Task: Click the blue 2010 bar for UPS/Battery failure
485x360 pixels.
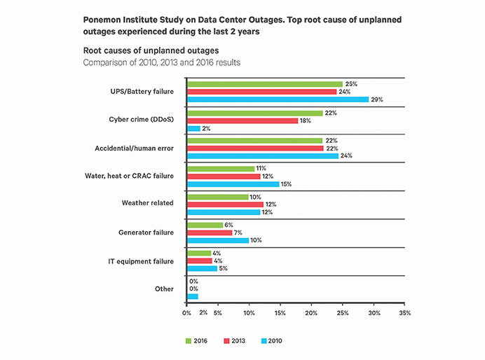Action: (x=278, y=99)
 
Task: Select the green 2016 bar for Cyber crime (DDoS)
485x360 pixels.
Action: (x=255, y=113)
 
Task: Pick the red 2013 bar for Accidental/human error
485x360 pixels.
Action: (x=255, y=148)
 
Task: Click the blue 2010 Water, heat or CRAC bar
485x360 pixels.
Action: (x=233, y=184)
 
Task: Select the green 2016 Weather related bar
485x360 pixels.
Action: (x=217, y=197)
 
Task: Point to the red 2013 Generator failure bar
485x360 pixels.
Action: (x=209, y=233)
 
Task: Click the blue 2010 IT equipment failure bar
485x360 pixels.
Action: (x=202, y=268)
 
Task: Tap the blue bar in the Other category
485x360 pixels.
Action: (x=192, y=296)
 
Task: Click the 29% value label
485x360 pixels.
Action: (x=378, y=99)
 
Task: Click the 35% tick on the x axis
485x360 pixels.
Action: (x=405, y=313)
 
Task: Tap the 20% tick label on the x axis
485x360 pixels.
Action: (x=311, y=313)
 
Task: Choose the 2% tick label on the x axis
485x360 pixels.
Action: (x=203, y=313)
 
